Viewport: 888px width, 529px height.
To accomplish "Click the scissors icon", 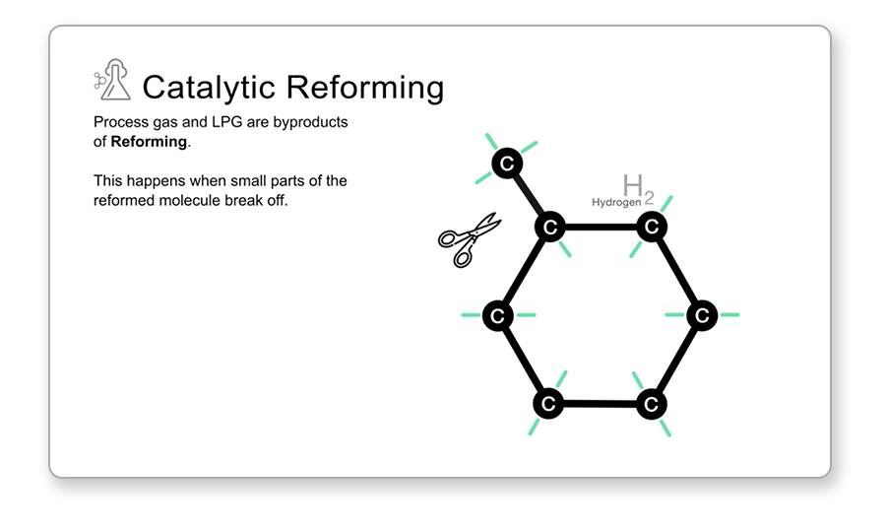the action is point(469,239).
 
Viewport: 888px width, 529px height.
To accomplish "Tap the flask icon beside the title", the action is point(112,80).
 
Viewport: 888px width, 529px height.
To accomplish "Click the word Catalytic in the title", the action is point(209,88).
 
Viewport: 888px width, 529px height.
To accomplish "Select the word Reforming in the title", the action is point(364,88).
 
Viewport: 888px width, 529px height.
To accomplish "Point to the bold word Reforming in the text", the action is point(149,142).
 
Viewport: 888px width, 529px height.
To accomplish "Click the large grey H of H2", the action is point(633,185).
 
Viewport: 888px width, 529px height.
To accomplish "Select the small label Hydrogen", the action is point(616,202).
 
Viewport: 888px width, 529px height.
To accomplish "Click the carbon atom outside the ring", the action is point(507,164).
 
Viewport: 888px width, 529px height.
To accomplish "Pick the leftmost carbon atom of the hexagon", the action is point(498,315).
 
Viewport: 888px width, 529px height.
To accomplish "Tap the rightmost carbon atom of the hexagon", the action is point(702,315).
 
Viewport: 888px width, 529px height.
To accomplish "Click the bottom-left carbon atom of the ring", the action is point(548,404).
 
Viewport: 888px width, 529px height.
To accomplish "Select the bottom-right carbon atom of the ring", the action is point(652,404).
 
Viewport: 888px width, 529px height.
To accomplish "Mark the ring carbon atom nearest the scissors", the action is point(550,228).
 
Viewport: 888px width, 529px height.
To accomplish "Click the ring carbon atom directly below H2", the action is point(652,227).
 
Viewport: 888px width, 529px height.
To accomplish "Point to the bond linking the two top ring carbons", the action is point(601,228).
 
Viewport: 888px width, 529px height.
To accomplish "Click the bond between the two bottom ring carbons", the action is point(600,404).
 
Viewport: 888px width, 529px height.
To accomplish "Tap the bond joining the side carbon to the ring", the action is point(529,196).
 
